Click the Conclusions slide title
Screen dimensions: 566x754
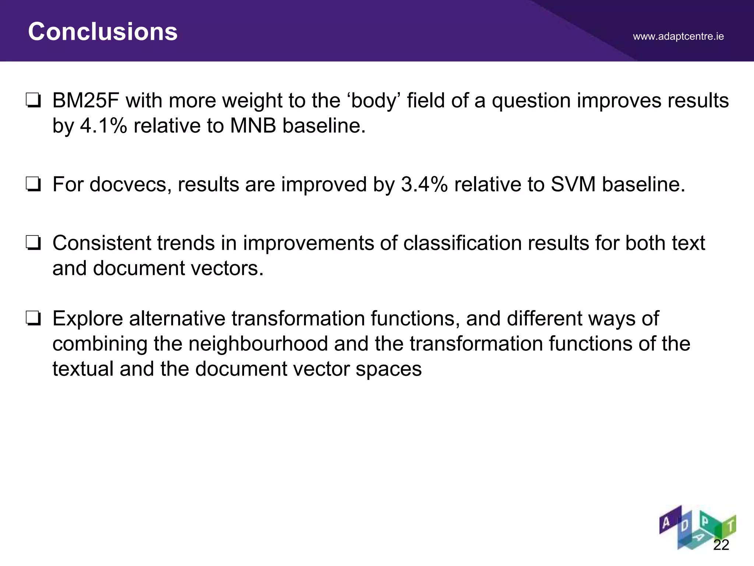point(103,32)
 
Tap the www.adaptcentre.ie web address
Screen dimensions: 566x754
point(678,36)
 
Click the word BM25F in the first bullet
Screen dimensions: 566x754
point(85,101)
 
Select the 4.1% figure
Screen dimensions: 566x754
point(103,126)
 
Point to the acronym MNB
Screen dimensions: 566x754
point(253,126)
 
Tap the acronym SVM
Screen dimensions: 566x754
point(573,184)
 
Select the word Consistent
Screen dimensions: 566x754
point(102,243)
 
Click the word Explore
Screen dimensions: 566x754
point(88,318)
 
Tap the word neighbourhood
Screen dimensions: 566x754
point(258,343)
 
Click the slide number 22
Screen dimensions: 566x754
point(721,545)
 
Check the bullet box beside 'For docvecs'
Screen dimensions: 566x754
point(33,184)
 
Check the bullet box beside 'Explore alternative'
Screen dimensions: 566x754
point(33,318)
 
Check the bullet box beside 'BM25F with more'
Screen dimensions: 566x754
point(33,101)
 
